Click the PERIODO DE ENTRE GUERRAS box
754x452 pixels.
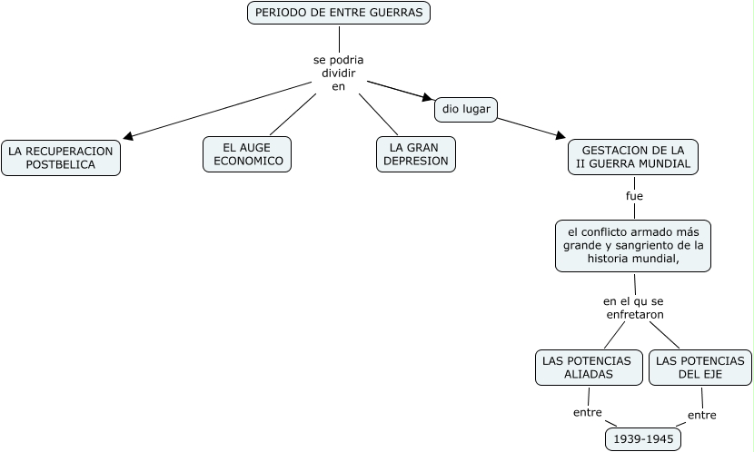(x=339, y=13)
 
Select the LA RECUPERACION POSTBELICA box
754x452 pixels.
(x=61, y=157)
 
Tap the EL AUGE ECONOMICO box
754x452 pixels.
(x=247, y=154)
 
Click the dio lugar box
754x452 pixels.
(x=466, y=109)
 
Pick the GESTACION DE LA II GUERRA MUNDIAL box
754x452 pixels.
(x=632, y=157)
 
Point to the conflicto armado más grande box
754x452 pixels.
(x=633, y=245)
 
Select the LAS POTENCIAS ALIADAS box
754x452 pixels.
(x=586, y=367)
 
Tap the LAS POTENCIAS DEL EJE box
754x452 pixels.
(x=699, y=367)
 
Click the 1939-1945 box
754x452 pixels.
(x=643, y=439)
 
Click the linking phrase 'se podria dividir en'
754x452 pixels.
(x=339, y=73)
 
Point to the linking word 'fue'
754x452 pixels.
(x=634, y=195)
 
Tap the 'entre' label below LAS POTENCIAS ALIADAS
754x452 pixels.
(x=588, y=412)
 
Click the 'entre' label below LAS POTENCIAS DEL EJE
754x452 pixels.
(x=701, y=415)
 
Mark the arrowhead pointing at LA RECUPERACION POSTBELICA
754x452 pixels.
(x=129, y=137)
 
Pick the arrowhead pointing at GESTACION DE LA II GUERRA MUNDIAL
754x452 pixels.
(x=560, y=136)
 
